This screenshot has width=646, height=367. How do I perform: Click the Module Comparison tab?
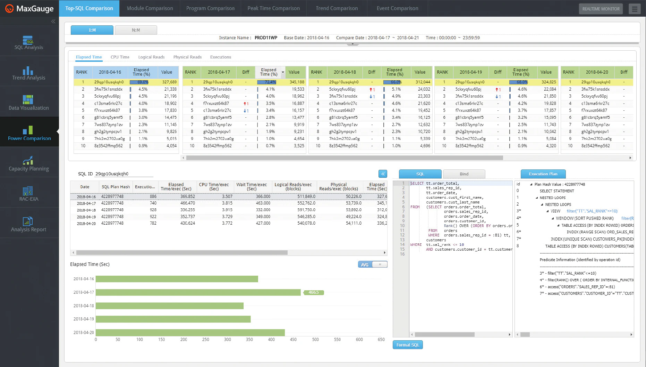click(150, 8)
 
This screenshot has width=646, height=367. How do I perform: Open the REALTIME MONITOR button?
click(601, 9)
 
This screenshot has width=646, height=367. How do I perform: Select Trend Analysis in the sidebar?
click(29, 73)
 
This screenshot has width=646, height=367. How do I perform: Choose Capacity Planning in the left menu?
click(29, 164)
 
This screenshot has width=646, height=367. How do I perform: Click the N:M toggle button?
click(136, 30)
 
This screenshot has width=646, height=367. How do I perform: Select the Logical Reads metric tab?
click(151, 57)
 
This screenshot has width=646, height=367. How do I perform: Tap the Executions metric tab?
click(220, 57)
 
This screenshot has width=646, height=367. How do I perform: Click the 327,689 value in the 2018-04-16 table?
click(169, 82)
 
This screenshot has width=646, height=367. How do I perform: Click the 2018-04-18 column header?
click(345, 72)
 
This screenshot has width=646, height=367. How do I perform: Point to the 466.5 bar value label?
click(314, 292)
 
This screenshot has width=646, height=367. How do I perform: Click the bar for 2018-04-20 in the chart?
click(190, 332)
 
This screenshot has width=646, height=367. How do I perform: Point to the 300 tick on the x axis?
click(227, 340)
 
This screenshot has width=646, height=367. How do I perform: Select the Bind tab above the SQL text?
click(464, 174)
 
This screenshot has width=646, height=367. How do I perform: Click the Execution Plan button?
click(543, 174)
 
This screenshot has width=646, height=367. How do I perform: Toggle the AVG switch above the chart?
click(372, 265)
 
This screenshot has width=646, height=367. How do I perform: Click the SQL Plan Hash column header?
click(116, 187)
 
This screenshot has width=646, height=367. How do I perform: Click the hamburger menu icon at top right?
click(634, 9)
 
